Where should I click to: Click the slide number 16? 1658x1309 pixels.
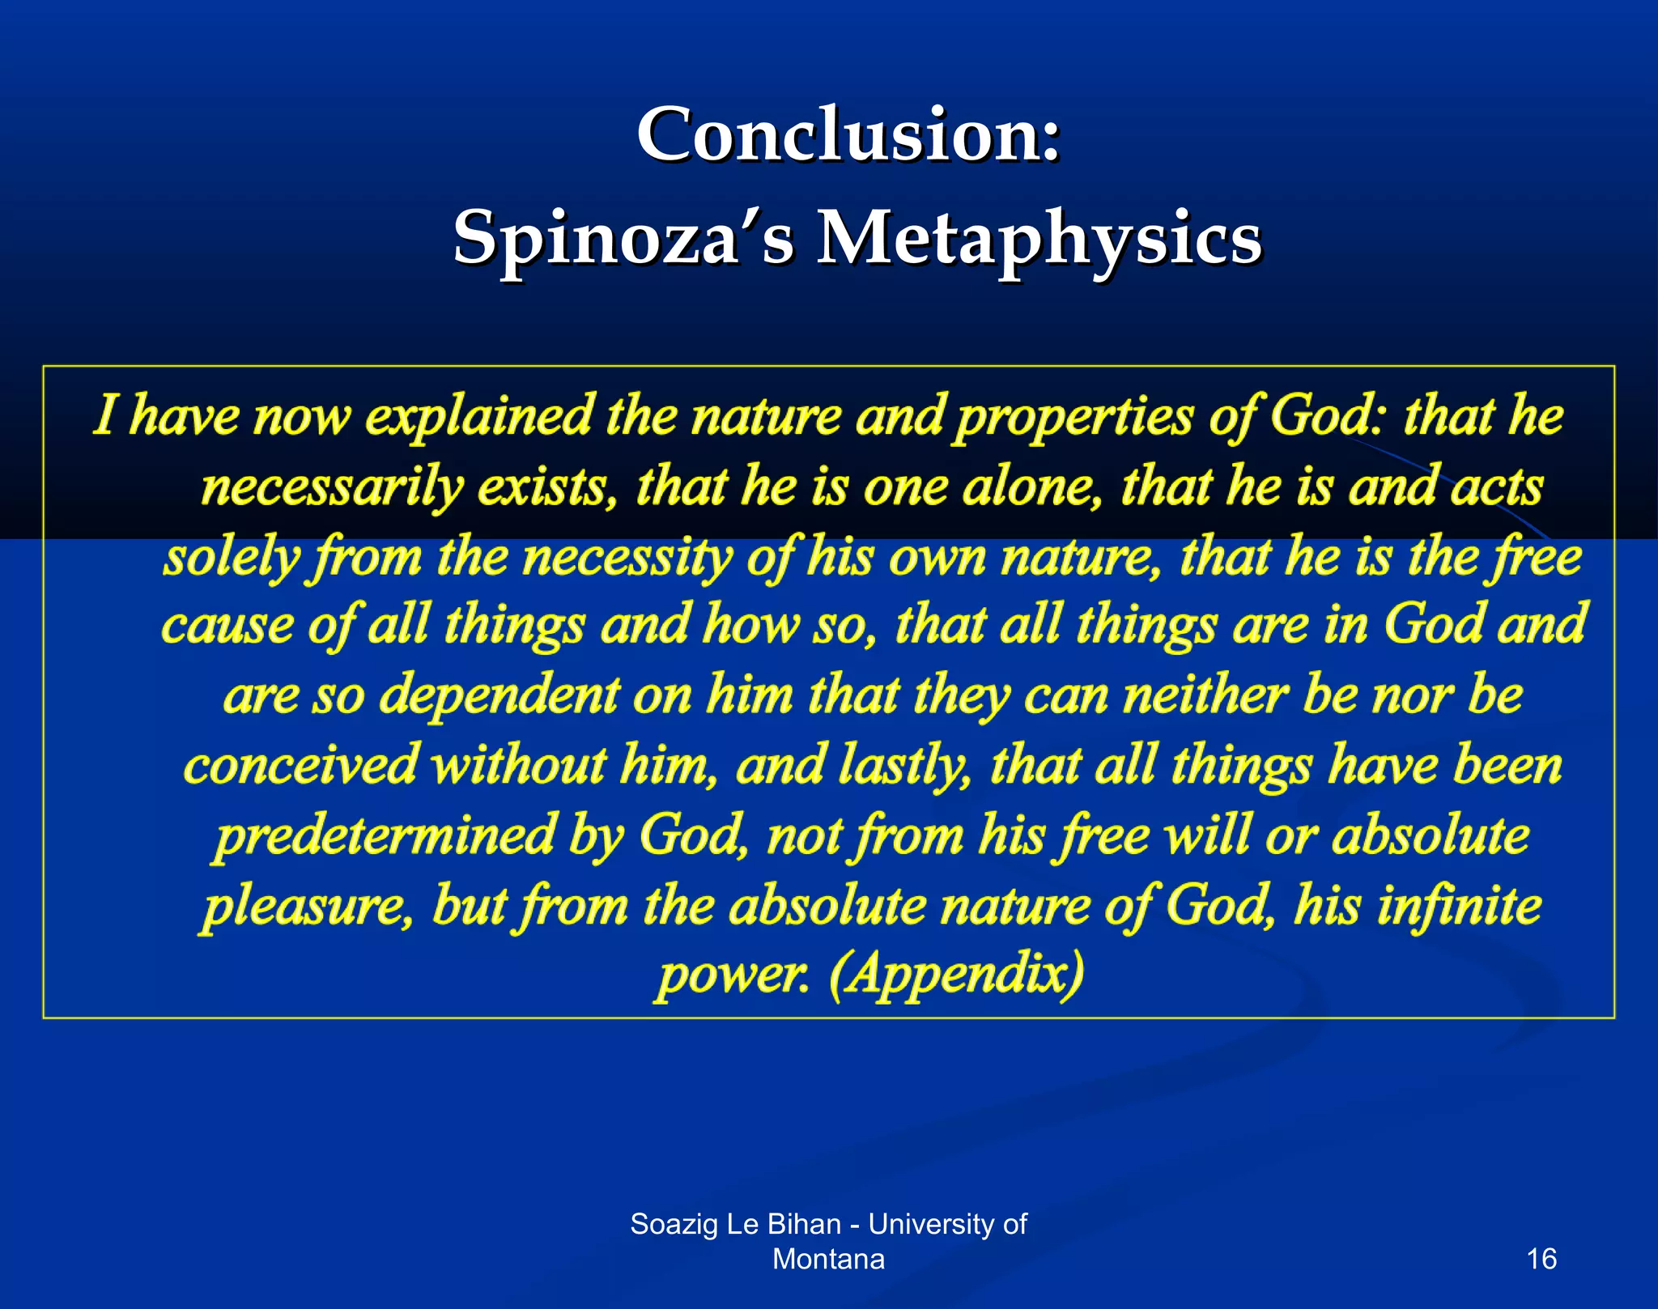(x=1541, y=1259)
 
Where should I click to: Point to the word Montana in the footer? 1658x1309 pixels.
(x=828, y=1259)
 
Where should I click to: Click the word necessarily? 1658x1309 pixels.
(x=332, y=487)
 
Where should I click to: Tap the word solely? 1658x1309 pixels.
(x=232, y=558)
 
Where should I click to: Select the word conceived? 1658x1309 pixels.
(x=300, y=765)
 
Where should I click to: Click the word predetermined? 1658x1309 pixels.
(x=385, y=835)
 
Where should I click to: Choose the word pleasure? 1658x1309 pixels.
(x=308, y=906)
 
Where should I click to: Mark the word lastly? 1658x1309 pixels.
(x=905, y=766)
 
